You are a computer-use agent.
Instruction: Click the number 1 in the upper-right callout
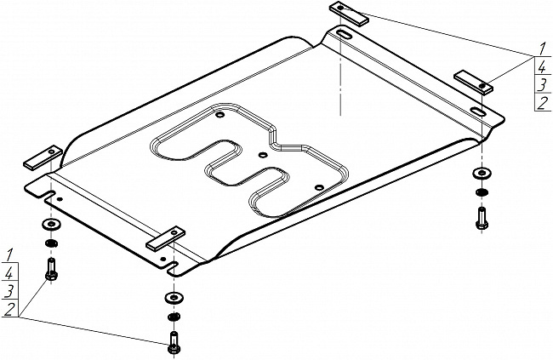coord(541,48)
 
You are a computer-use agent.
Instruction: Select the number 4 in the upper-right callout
coord(541,66)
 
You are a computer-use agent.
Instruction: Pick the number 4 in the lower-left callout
coord(8,273)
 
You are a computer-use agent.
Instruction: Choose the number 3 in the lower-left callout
coord(8,292)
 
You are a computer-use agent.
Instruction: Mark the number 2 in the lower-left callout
coord(8,311)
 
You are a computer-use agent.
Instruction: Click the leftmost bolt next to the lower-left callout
coord(50,273)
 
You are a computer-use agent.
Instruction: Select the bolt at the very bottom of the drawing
coord(174,345)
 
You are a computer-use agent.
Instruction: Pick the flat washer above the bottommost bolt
coord(174,297)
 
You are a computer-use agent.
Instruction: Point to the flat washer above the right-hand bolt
coord(481,174)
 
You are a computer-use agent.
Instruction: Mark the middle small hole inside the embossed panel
coord(263,154)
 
